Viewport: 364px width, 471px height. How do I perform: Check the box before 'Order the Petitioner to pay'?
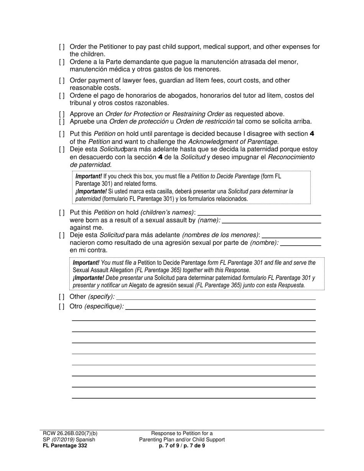pos(62,47)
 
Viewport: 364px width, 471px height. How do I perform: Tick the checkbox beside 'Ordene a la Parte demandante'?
pos(62,62)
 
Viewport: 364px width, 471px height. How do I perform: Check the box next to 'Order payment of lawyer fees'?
pos(62,81)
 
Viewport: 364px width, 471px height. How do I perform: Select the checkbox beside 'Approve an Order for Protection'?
pos(62,114)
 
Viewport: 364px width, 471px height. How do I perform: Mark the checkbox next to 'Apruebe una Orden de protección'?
pos(62,122)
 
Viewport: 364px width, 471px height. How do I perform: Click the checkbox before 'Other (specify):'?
pos(62,297)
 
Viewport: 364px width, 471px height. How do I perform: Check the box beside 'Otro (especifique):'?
pos(62,307)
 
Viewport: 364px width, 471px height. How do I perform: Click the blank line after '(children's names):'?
pos(259,213)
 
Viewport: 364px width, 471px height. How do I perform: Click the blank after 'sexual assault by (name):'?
pos(271,221)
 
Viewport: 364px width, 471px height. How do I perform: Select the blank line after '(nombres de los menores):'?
pos(291,235)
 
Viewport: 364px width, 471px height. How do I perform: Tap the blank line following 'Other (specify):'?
pos(216,297)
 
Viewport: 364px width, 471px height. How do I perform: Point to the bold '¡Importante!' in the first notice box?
pos(91,191)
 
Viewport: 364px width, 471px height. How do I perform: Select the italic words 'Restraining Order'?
pos(198,114)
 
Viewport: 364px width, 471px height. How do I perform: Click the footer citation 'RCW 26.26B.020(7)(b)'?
pos(70,433)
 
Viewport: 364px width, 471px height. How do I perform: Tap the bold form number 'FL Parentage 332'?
pos(65,446)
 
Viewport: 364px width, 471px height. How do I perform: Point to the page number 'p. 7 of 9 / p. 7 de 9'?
pos(182,446)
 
